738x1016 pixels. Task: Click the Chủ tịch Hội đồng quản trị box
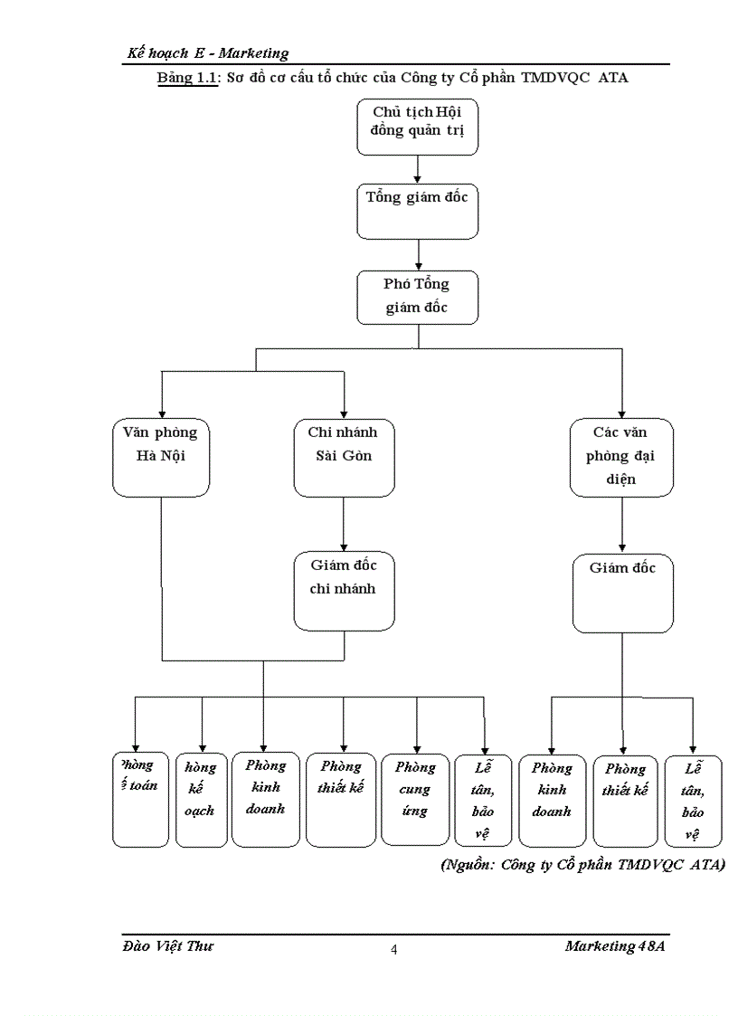417,127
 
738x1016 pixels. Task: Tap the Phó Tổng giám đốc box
417,297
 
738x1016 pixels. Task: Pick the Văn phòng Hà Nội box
161,457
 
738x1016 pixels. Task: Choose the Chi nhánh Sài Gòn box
345,457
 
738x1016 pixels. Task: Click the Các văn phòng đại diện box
621,457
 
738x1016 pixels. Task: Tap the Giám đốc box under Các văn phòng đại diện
621,593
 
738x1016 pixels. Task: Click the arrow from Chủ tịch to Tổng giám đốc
417,168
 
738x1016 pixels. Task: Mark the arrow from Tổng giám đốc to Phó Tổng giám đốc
417,254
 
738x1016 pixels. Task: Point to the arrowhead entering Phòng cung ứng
416,747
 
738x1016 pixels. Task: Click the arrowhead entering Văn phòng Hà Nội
161,410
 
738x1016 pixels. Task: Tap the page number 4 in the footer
394,949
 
